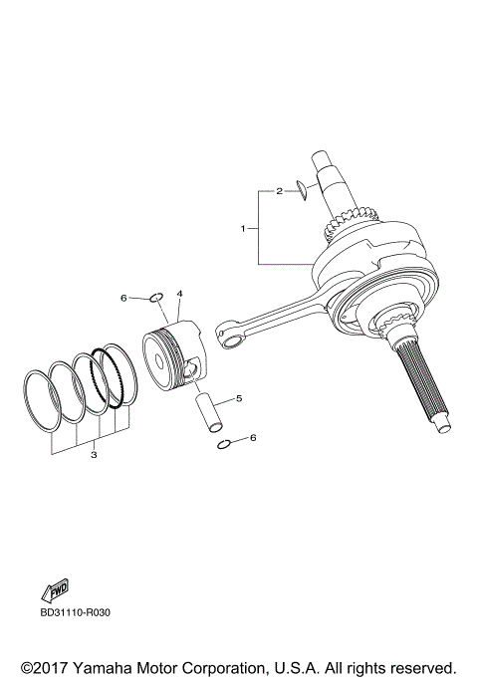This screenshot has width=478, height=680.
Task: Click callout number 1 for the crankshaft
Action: coord(242,228)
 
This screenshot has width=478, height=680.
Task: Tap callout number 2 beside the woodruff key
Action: coord(281,189)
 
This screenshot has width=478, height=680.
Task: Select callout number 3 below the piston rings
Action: coord(93,455)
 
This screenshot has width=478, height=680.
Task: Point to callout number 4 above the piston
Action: coord(180,294)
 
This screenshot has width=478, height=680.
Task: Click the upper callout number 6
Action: coord(124,298)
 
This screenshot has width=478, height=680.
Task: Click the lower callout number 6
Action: coord(253,437)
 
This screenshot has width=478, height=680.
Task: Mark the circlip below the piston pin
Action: coord(225,443)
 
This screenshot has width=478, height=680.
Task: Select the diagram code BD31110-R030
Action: coord(76,612)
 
